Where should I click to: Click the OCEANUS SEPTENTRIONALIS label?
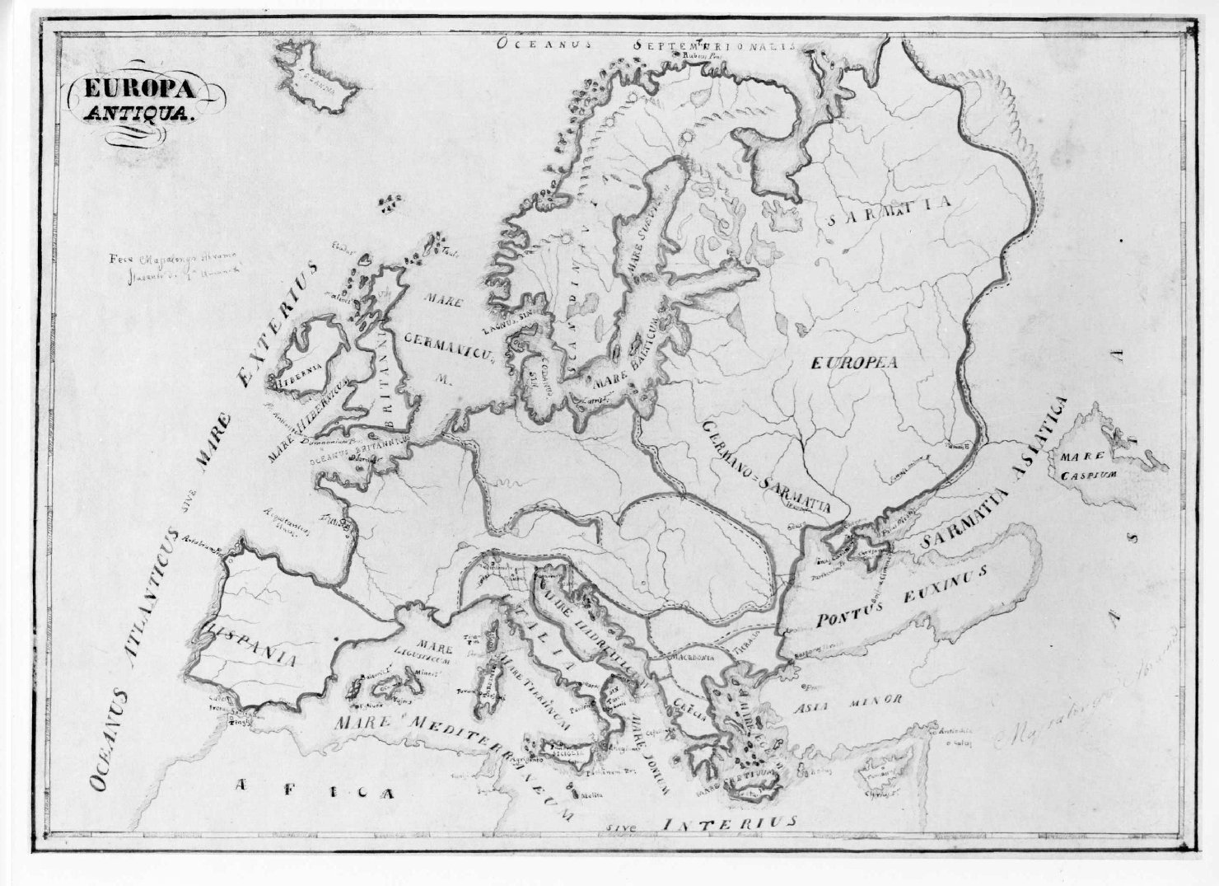[x=647, y=45]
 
